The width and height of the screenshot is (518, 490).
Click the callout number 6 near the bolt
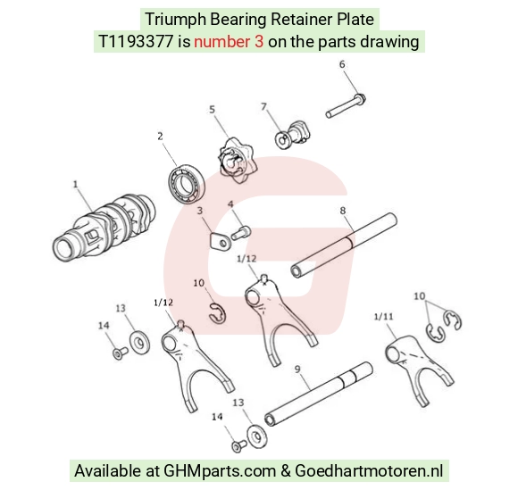342,64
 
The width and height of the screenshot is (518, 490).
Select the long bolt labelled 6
346,105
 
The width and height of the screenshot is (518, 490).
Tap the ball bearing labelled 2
187,183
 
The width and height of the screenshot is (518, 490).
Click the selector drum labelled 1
104,227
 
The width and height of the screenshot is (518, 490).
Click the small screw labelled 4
241,232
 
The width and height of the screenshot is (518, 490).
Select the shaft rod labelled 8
344,245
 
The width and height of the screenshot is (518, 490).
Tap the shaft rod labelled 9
319,394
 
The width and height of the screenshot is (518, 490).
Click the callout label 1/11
383,317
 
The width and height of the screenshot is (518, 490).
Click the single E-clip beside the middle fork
217,312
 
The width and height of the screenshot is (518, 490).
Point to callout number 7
263,106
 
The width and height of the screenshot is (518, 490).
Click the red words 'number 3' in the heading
229,42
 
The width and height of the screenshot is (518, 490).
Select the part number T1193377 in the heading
136,42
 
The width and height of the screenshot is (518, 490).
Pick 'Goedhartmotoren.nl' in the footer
369,470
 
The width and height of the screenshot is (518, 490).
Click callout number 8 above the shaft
343,211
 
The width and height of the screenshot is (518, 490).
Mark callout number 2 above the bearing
160,136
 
